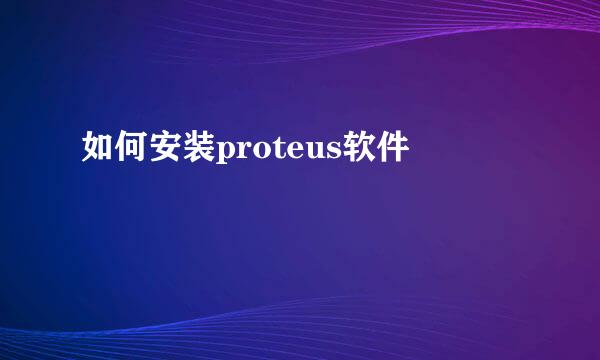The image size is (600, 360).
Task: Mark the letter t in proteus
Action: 272,151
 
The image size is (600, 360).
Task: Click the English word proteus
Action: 274,152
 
